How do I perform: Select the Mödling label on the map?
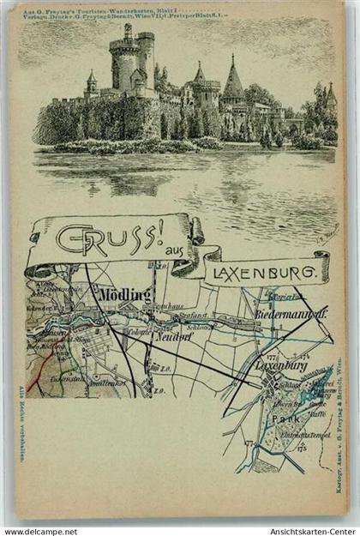pos(124,295)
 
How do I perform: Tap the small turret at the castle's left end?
pos(92,83)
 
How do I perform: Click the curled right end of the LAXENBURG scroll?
pos(321,266)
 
